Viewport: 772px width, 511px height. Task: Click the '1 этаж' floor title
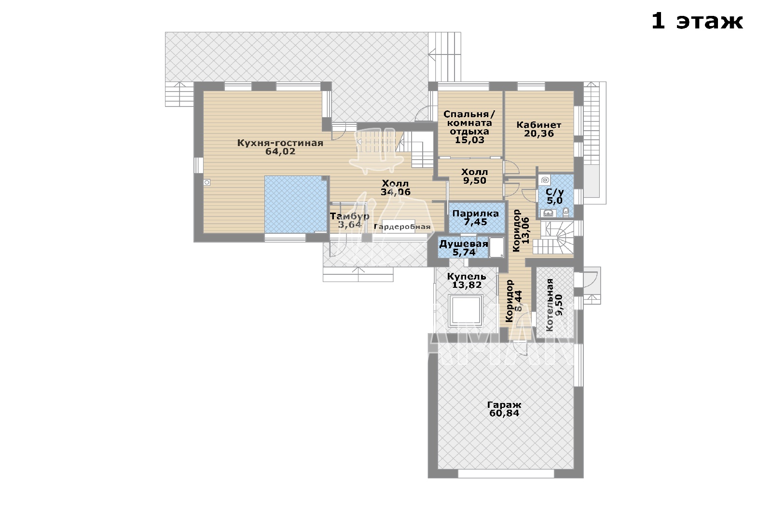click(697, 22)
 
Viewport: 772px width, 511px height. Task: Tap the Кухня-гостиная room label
click(280, 143)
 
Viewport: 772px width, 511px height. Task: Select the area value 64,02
click(280, 151)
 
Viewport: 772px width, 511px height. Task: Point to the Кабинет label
click(538, 125)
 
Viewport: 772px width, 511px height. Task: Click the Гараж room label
click(504, 405)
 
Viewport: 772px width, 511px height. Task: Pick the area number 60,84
click(504, 413)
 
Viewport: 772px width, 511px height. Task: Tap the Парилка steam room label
click(476, 214)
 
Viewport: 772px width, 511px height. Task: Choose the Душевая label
click(464, 244)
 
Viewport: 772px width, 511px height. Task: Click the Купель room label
click(467, 277)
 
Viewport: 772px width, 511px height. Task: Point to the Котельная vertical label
click(550, 305)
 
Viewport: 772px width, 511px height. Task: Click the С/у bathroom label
click(555, 192)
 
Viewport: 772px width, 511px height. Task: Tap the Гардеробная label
click(402, 227)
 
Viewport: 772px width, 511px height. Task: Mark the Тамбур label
click(349, 216)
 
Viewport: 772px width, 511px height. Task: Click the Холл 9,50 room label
click(475, 176)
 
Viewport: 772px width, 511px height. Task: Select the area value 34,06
click(396, 192)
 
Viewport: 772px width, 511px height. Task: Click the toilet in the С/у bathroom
click(565, 212)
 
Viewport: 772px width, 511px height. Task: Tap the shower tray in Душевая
click(496, 247)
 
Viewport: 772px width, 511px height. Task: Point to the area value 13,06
click(525, 230)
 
